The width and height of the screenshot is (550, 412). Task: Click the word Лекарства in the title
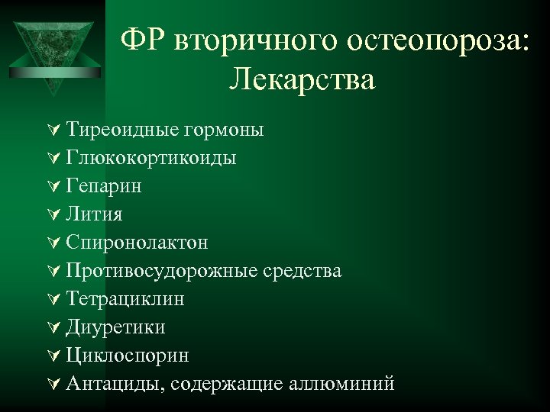[301, 79]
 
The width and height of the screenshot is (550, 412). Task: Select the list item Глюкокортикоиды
[150, 158]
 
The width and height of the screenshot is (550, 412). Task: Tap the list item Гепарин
[103, 186]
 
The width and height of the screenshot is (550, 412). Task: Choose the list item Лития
[94, 214]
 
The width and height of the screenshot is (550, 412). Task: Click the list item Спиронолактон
[137, 243]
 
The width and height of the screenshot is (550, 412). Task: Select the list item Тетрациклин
[125, 299]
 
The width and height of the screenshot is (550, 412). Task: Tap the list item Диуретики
[115, 327]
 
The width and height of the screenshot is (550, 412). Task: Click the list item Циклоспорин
[128, 356]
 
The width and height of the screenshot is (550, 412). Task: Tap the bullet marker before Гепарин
[53, 186]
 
